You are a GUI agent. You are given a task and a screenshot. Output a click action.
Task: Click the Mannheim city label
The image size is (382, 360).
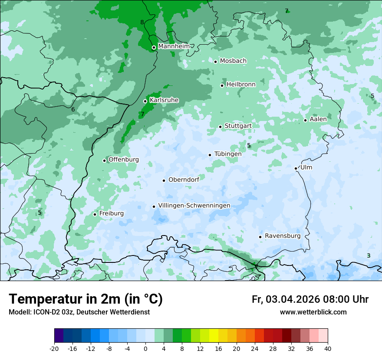pyautogui.click(x=174, y=46)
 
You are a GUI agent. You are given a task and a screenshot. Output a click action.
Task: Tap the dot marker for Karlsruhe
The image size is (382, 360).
pyautogui.click(x=145, y=101)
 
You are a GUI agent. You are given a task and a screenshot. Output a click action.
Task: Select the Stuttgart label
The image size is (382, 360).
pyautogui.click(x=238, y=126)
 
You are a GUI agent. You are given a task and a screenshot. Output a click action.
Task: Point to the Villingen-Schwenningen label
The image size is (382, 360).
pyautogui.click(x=194, y=206)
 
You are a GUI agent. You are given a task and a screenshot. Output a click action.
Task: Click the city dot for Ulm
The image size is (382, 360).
pyautogui.click(x=296, y=168)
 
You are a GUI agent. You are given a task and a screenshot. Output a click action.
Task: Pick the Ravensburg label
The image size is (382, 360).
pyautogui.click(x=282, y=236)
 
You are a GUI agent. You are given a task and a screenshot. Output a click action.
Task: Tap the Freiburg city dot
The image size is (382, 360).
pyautogui.click(x=95, y=214)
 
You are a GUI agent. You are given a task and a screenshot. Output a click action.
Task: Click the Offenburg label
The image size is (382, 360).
pyautogui.click(x=123, y=160)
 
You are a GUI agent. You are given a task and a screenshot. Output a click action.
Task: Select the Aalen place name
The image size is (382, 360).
pyautogui.click(x=318, y=119)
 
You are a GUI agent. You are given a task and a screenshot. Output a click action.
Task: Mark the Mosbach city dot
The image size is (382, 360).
pyautogui.click(x=215, y=62)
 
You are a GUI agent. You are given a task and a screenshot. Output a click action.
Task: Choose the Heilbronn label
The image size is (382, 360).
pyautogui.click(x=241, y=85)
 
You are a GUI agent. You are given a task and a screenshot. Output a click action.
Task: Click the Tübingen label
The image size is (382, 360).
pyautogui.click(x=227, y=154)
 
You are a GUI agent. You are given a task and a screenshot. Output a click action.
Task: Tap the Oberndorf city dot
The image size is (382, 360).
pyautogui.click(x=164, y=180)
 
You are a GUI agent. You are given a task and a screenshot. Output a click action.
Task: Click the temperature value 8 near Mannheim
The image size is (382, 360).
pyautogui.click(x=142, y=23)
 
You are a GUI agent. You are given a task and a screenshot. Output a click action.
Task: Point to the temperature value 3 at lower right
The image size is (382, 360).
pyautogui.click(x=369, y=256)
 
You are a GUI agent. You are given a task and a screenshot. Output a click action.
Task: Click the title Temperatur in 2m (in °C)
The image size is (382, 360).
pyautogui.click(x=86, y=299)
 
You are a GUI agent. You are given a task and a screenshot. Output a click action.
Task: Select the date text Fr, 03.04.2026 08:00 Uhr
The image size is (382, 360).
pyautogui.click(x=310, y=299)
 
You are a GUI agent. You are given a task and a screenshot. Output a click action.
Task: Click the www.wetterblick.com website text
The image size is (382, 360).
pyautogui.click(x=313, y=312)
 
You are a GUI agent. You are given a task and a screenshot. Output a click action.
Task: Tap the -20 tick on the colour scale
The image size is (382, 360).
pyautogui.click(x=54, y=348)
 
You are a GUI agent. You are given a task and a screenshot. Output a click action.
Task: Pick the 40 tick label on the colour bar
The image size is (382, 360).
pyautogui.click(x=327, y=348)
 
